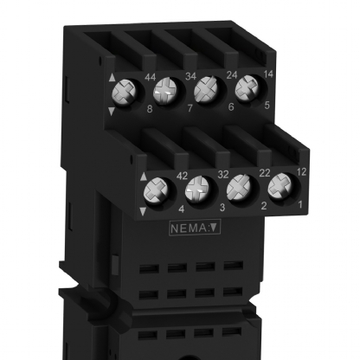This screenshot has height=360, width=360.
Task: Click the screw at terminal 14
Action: coord(246,87)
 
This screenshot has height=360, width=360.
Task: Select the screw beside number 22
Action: coord(240,186)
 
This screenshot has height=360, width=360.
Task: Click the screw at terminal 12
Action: coord(279,186)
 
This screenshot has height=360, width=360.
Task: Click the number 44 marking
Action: coord(150,78)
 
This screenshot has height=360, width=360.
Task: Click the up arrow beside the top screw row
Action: coord(112,80)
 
